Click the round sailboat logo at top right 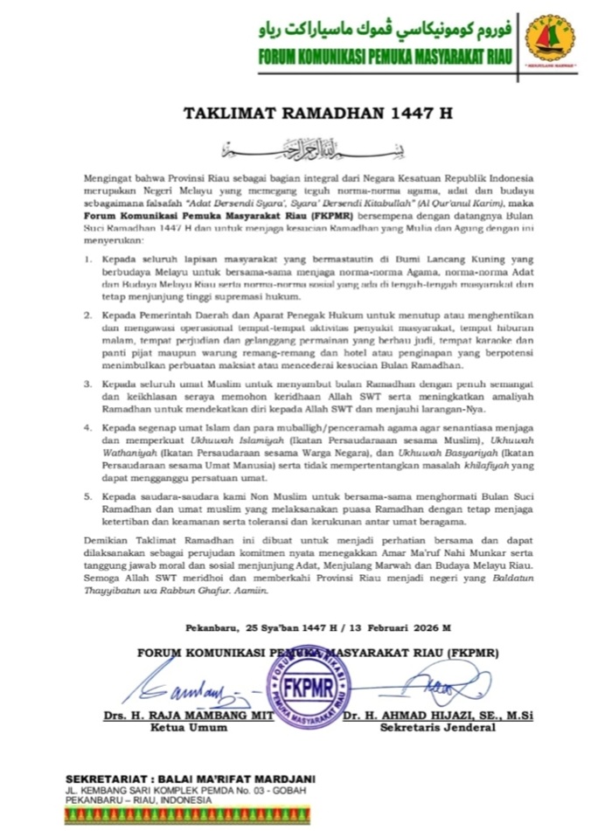pos(550,42)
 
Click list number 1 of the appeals pos(87,260)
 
